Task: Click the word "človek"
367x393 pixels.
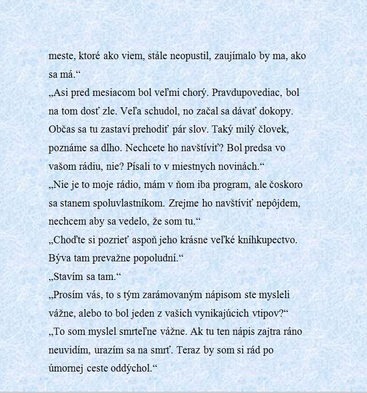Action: coord(273,130)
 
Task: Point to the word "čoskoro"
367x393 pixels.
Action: coord(285,185)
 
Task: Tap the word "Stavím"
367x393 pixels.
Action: coord(70,277)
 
